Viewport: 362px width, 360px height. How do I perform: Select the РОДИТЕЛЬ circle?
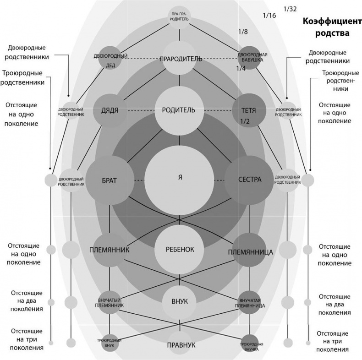(x=179, y=110)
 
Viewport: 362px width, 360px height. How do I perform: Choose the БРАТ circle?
(x=110, y=180)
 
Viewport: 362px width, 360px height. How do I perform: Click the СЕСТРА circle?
(x=250, y=180)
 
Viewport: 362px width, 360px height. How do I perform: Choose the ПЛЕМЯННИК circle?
(x=110, y=250)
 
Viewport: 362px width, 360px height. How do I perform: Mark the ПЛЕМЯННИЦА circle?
(x=250, y=251)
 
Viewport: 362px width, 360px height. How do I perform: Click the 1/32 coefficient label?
(x=291, y=9)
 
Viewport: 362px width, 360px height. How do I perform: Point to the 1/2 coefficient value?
(x=247, y=121)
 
